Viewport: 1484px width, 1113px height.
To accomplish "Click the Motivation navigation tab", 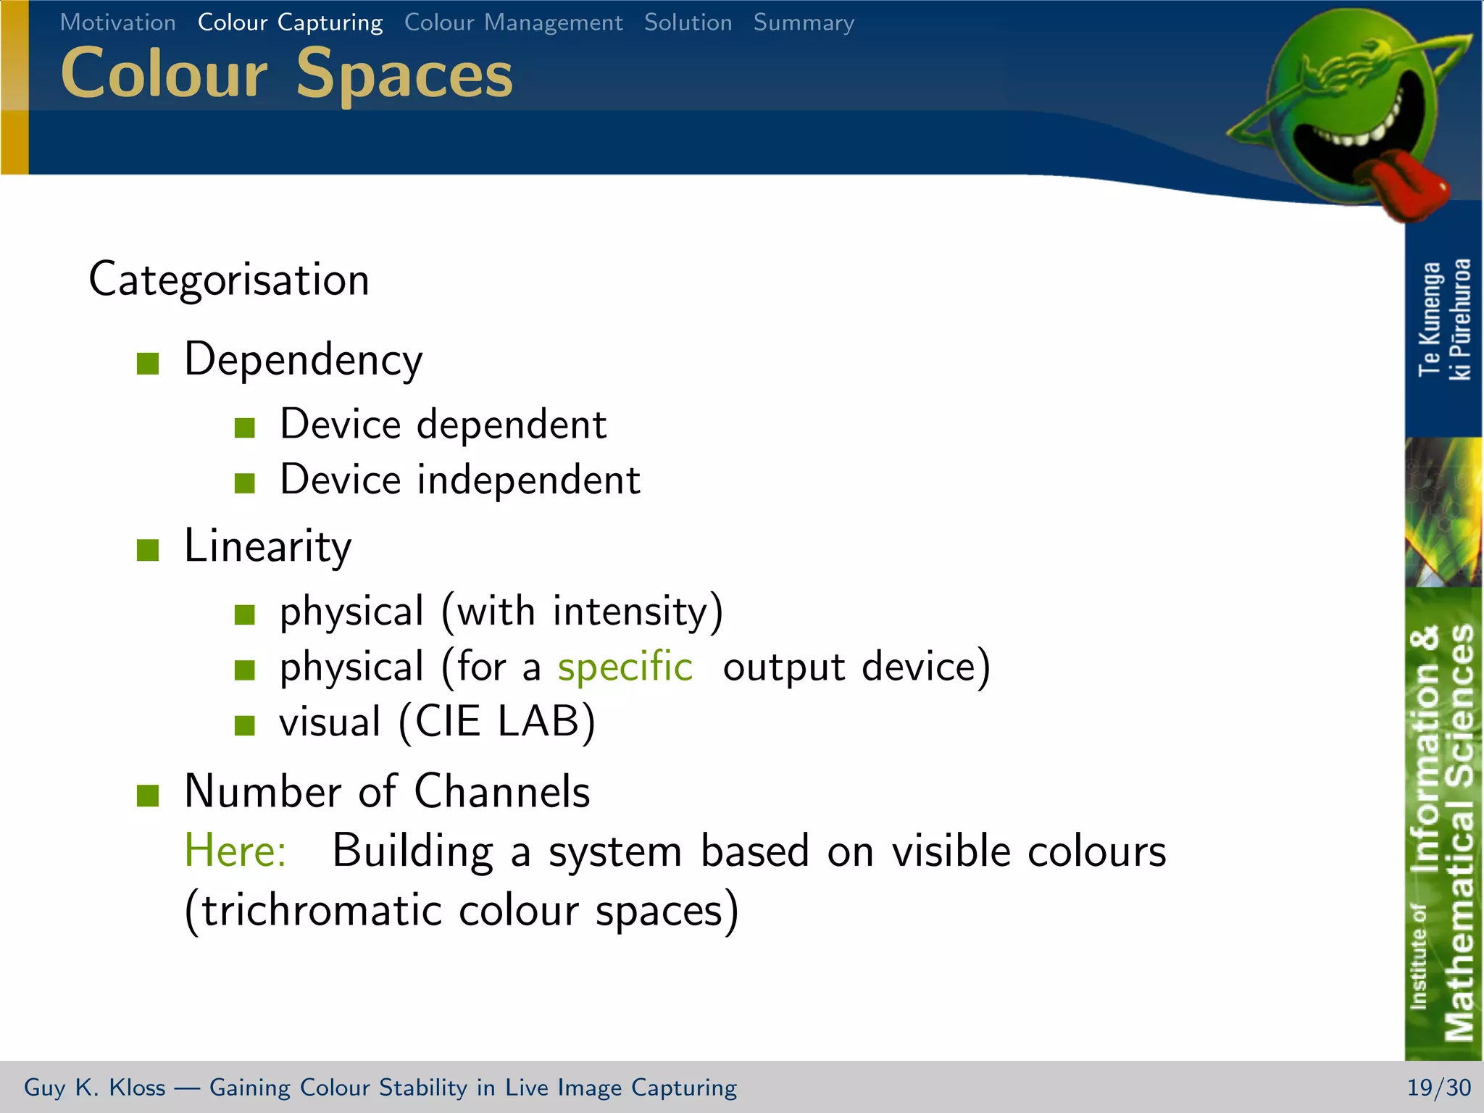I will [117, 22].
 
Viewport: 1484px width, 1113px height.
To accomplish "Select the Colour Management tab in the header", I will [513, 22].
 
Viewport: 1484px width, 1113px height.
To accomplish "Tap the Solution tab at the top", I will [688, 22].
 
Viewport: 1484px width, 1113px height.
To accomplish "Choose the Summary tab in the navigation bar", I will [804, 22].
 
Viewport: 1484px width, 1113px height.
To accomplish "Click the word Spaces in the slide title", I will [404, 75].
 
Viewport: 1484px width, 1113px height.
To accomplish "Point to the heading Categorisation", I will [229, 280].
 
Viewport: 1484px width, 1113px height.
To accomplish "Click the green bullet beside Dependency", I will [148, 363].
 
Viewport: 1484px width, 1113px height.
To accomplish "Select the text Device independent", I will [460, 480].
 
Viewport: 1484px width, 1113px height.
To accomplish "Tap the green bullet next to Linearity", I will [148, 549].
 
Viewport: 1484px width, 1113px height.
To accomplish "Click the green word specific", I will [625, 666].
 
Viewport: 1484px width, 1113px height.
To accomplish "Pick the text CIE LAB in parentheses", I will [497, 722].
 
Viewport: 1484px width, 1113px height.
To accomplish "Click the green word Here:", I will [235, 850].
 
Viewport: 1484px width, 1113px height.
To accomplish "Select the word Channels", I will [501, 791].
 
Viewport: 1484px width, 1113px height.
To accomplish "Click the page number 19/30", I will [1438, 1087].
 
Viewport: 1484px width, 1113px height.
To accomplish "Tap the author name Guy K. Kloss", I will [94, 1087].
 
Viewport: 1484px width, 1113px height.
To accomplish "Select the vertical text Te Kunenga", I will [1429, 319].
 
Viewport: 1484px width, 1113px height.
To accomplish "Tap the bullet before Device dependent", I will [245, 428].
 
